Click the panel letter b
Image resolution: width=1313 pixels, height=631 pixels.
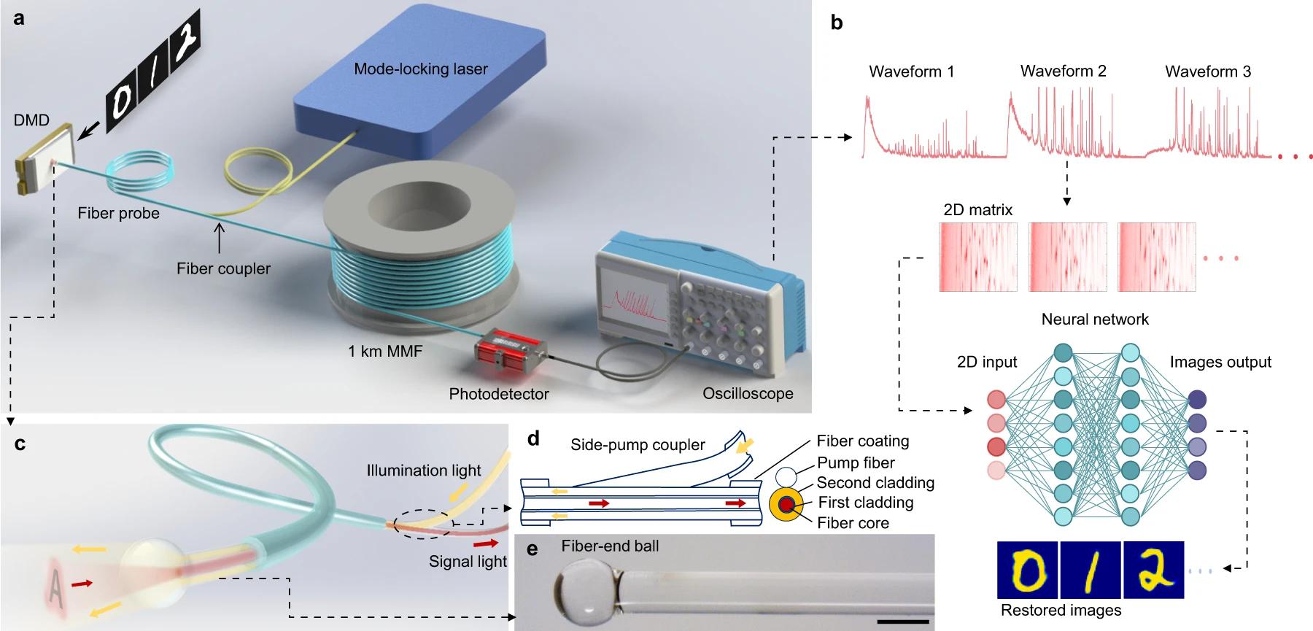tap(837, 23)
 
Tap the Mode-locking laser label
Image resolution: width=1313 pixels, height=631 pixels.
tap(420, 69)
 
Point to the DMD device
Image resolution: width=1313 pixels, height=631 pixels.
tap(45, 159)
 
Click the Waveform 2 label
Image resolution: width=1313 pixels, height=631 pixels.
tap(1063, 71)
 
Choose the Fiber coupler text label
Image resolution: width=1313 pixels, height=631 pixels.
tap(223, 268)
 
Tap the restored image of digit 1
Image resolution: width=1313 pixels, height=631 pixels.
tap(1091, 570)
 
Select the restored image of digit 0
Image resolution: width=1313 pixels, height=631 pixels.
tap(1028, 570)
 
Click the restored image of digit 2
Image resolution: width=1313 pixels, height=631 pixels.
tap(1153, 570)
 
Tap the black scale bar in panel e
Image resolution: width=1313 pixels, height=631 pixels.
tap(903, 622)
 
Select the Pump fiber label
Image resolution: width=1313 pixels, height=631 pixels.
tap(856, 462)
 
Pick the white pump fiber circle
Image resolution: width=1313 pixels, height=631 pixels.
tap(786, 478)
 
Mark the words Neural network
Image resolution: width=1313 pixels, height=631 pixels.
tap(1095, 319)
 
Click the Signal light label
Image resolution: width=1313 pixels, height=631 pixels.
tap(468, 562)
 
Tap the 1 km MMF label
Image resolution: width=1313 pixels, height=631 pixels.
tap(385, 351)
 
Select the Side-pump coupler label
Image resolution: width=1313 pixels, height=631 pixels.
tap(638, 445)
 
